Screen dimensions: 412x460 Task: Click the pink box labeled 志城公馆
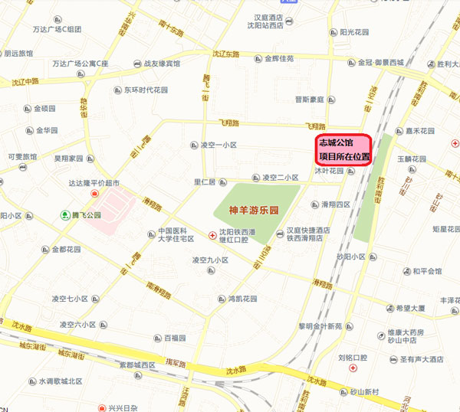pos(344,149)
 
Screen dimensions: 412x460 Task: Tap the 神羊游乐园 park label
pos(251,210)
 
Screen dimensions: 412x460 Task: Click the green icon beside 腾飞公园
pos(65,216)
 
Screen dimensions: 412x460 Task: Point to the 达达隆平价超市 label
pos(95,183)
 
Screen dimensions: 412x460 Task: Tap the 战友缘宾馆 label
pos(162,64)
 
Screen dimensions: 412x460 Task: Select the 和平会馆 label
pos(427,271)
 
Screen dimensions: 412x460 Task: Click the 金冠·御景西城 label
pos(380,62)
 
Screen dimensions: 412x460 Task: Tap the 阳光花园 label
pos(354,32)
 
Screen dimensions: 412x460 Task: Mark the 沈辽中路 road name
pos(21,81)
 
